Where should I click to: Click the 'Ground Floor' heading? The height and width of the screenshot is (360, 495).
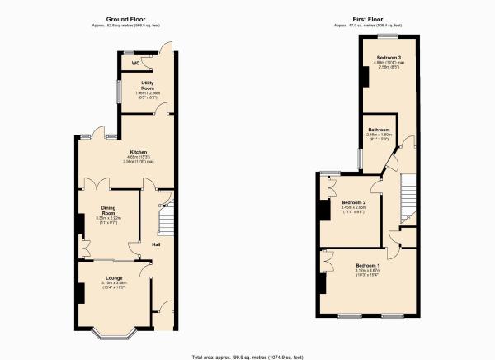click(125, 18)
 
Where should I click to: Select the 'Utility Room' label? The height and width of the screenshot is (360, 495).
click(148, 86)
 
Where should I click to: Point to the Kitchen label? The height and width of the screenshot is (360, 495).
click(137, 152)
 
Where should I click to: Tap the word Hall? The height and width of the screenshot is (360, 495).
click(156, 244)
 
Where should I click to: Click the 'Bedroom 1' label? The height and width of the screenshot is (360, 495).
click(367, 265)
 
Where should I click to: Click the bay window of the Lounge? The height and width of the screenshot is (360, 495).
click(114, 334)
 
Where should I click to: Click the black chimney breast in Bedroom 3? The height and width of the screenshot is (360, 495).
click(363, 76)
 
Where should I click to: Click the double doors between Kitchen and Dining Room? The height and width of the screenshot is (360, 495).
click(97, 185)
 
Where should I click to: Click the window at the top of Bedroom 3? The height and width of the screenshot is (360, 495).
click(389, 38)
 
